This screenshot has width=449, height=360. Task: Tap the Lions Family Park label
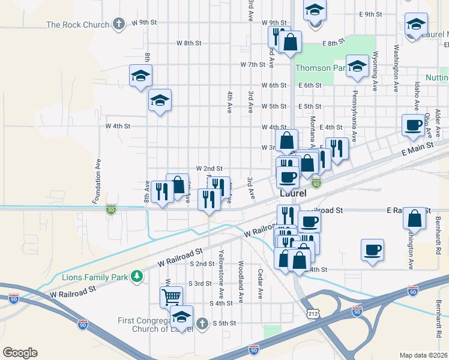(96, 277)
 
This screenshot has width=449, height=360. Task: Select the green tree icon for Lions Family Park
(138, 276)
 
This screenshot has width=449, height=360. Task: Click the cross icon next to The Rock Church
(119, 25)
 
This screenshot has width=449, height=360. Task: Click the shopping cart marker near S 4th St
(171, 296)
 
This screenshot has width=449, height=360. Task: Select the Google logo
(20, 353)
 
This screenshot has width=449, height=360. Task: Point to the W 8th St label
(188, 43)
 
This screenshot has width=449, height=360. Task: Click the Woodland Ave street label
(240, 273)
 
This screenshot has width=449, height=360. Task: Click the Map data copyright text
(424, 355)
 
